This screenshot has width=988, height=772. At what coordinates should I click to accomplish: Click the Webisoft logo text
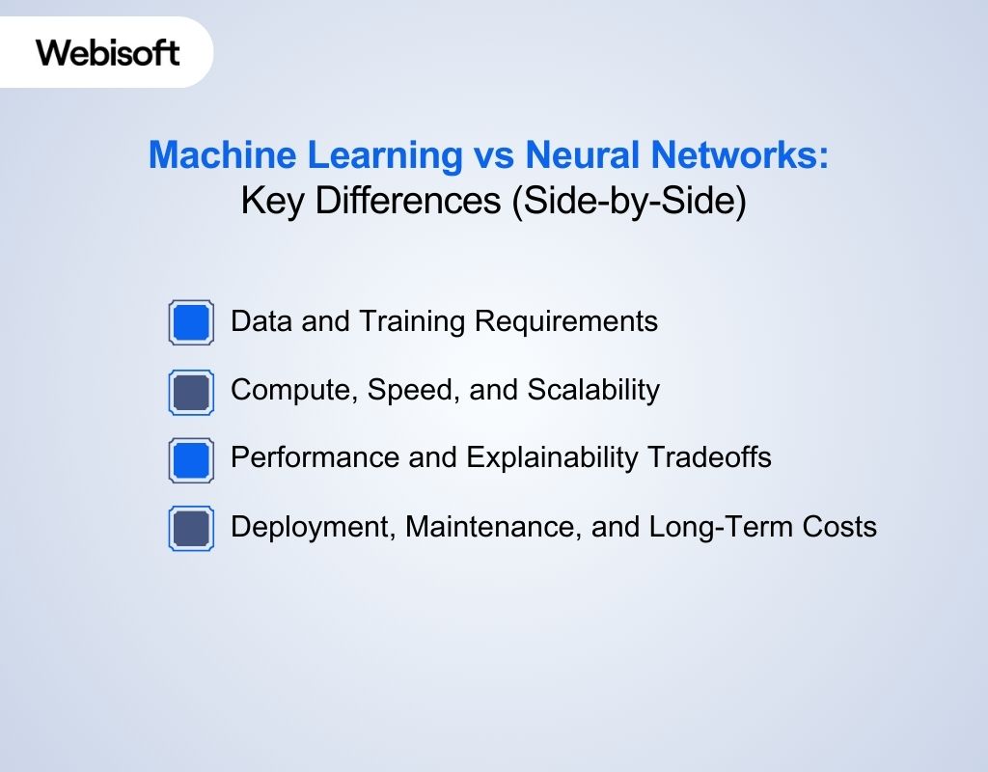pos(108,52)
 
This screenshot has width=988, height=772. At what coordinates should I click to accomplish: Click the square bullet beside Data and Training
pos(191,321)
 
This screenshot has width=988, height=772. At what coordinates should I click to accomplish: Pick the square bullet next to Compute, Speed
pos(191,392)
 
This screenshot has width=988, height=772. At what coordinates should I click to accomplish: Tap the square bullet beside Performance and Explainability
pos(191,460)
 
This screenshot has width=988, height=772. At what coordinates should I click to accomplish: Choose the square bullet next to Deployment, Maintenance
pos(191,529)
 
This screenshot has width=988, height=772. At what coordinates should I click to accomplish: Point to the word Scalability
pos(593,390)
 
